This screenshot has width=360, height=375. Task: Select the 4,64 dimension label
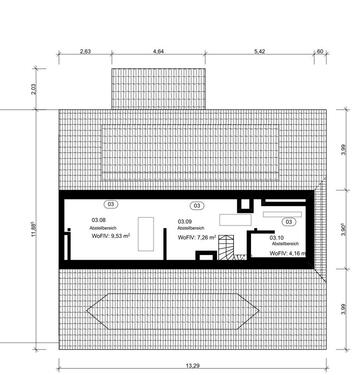coord(160,49)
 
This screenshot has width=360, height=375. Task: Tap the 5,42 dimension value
coord(259,49)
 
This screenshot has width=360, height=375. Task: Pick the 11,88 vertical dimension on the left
coord(33,228)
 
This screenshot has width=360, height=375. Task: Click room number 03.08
coord(98,219)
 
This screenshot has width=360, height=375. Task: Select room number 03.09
coord(185,221)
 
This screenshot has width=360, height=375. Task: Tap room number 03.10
coord(280,237)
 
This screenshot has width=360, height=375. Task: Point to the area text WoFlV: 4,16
coord(287,255)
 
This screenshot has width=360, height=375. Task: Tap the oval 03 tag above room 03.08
coord(111,204)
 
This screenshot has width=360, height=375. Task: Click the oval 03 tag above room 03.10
coord(289,222)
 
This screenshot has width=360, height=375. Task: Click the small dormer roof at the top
coord(160,86)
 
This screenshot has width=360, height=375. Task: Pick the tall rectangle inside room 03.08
coord(146,231)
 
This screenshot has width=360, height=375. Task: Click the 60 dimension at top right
coord(319,49)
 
